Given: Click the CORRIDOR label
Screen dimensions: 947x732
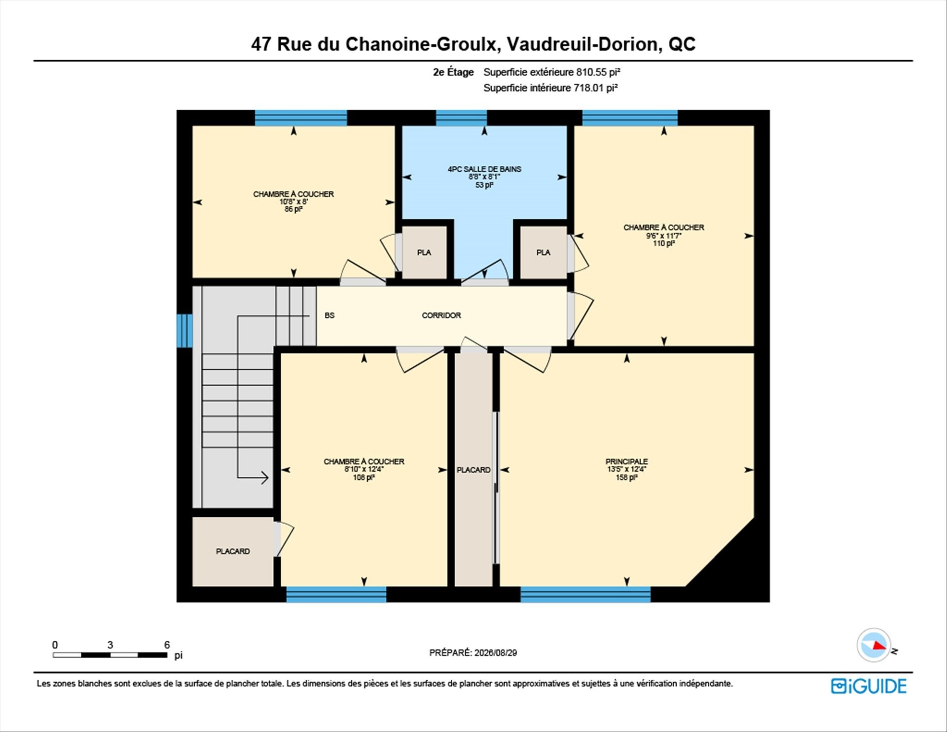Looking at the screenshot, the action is coord(441,315).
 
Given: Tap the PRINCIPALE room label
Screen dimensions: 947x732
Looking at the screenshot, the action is coord(626,462).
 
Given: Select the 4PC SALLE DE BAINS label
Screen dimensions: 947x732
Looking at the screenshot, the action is coord(484,169).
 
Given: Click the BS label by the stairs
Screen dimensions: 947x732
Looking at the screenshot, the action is coord(329,315).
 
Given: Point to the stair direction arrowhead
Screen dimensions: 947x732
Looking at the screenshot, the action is coord(264,477).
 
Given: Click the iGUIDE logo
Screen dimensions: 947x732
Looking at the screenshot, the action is coord(869,686).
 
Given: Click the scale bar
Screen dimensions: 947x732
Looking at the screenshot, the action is coord(110,655).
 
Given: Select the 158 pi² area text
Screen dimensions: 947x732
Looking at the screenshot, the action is coord(626,478).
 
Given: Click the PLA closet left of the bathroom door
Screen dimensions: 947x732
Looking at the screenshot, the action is coord(424,252).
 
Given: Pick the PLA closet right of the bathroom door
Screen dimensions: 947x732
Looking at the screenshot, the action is coord(543,252).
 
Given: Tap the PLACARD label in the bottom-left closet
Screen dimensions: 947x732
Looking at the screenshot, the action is coord(233,551).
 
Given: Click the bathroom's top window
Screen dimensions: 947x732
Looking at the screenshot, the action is coord(461,118).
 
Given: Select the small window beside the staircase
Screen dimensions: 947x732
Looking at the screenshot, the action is coord(184,330).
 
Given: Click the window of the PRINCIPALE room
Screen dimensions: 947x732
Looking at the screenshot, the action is coord(585,594).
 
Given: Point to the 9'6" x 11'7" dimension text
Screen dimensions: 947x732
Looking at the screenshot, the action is coord(664,236).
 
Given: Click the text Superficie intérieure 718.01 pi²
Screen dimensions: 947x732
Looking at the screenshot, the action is coord(550,88).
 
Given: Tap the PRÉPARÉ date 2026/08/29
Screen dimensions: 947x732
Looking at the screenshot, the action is coord(496,653).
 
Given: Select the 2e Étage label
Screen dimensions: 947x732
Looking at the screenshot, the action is coord(453,72).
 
